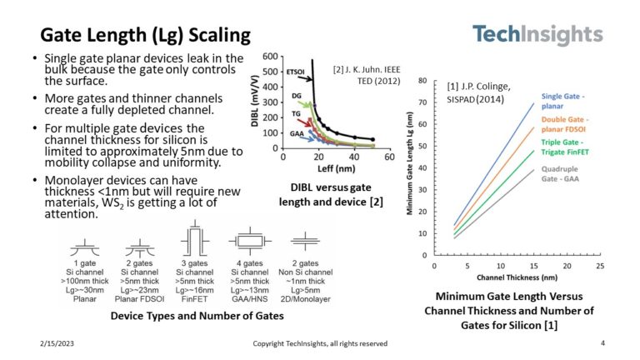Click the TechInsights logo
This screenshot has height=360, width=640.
click(537, 35)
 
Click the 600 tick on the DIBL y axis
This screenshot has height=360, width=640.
click(268, 57)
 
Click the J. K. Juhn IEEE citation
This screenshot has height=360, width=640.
click(367, 74)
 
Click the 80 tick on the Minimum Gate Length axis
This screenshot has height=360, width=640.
click(423, 82)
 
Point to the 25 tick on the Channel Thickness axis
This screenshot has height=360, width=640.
click(601, 265)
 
